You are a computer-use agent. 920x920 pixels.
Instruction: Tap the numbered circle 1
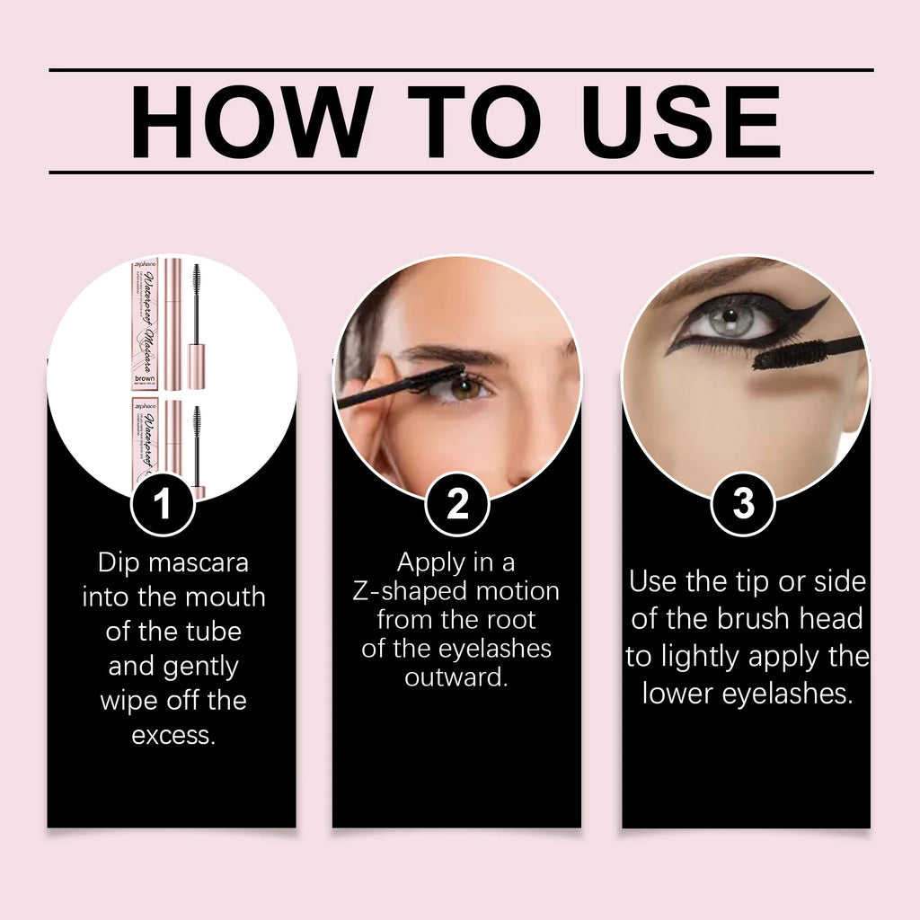coord(163,505)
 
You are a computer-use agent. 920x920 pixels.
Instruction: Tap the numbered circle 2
coord(457,505)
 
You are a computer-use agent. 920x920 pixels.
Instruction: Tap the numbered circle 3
coord(743,505)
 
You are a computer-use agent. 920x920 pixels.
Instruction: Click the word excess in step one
coord(173,735)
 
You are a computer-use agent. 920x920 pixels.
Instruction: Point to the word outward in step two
coord(456,677)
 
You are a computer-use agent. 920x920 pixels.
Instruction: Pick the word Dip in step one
coord(119,563)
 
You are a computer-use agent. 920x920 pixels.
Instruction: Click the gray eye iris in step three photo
coord(728,317)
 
